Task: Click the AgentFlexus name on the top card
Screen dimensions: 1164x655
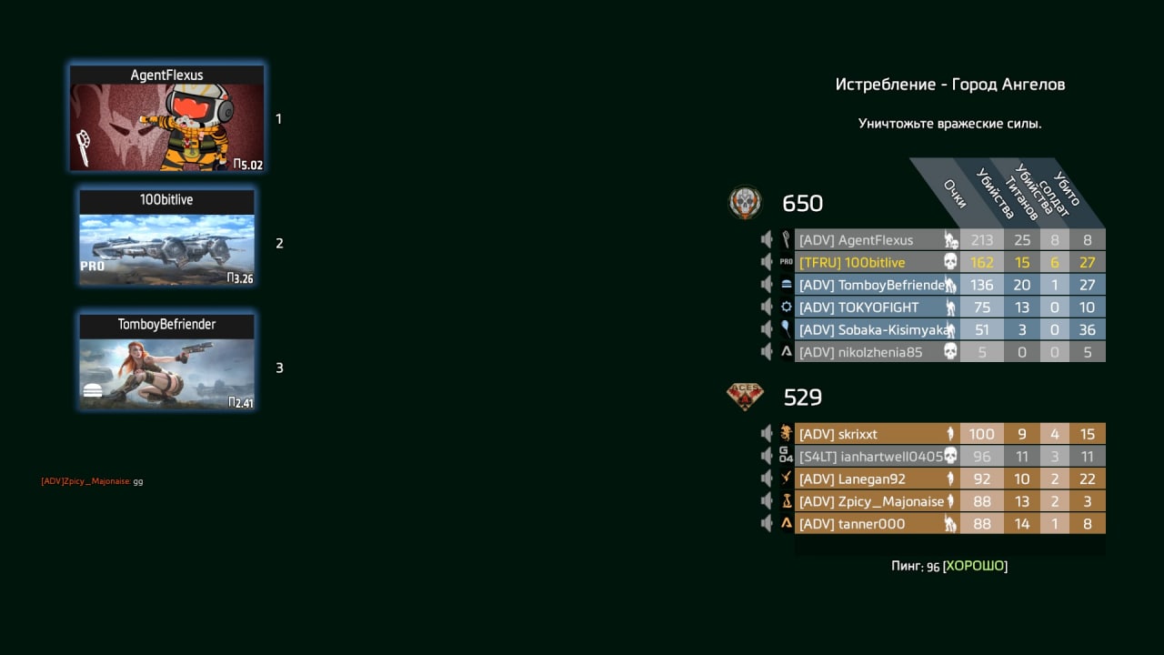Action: tap(166, 76)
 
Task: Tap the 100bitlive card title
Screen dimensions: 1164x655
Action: tap(166, 199)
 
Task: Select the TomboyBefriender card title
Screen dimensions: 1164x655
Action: tap(166, 325)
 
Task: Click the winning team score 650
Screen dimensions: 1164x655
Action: tap(802, 203)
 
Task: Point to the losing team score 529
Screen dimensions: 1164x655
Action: tap(803, 398)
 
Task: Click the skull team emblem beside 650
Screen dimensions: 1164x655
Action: tap(745, 202)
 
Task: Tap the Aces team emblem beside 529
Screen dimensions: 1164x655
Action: tap(745, 397)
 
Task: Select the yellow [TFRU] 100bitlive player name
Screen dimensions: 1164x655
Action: tap(852, 263)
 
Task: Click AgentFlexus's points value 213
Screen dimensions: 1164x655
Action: tap(981, 240)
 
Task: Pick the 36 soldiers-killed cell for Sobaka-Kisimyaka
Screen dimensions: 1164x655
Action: tap(1087, 329)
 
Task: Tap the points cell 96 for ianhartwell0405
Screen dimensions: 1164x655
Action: tap(981, 457)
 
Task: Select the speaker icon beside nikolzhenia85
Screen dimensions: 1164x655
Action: tap(767, 352)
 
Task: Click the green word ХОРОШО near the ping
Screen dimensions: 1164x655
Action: tap(975, 566)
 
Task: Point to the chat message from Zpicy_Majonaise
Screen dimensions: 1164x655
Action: tap(92, 481)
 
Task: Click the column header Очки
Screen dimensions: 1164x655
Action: tap(955, 194)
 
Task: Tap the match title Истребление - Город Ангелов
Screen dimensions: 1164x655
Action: tap(950, 85)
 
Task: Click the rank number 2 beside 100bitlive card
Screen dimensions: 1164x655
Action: tap(279, 243)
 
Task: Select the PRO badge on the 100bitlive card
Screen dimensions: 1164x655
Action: tap(93, 267)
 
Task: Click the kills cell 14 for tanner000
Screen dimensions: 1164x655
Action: tap(1021, 523)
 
